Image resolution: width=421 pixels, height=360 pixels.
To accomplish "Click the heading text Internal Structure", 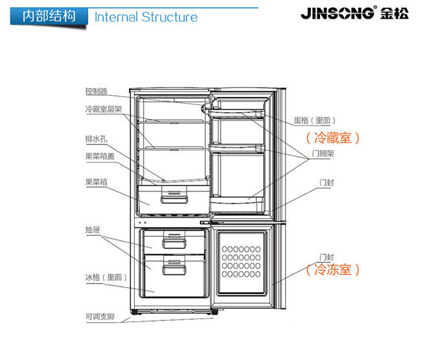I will (x=146, y=16).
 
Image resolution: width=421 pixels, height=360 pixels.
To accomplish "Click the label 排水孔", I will (x=96, y=137).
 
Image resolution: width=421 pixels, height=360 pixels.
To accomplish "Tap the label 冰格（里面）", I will (x=106, y=276).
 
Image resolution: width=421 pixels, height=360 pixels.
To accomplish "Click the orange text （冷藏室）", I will (x=332, y=137).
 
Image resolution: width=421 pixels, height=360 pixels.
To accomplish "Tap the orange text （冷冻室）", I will (x=332, y=269).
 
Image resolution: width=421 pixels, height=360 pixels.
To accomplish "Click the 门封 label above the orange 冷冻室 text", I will (x=326, y=256).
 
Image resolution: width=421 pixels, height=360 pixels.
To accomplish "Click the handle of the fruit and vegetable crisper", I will (x=172, y=194).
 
